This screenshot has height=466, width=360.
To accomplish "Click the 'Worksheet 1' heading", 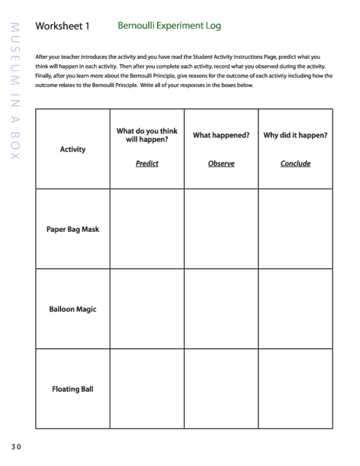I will [x=62, y=26].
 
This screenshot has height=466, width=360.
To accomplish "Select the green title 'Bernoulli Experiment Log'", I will [x=169, y=26].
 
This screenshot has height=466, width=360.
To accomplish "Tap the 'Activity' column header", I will [x=73, y=150].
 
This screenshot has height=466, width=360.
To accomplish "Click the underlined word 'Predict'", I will [x=147, y=163].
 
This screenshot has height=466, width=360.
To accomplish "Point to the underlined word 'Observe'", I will [x=221, y=163].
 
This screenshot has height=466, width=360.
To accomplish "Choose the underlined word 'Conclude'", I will [x=295, y=163].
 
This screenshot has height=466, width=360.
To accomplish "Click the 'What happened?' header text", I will [x=221, y=135].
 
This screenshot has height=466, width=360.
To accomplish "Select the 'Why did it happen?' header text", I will [x=295, y=135].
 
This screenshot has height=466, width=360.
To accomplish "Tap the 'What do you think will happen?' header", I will [x=147, y=135].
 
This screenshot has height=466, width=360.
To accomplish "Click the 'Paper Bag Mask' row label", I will [x=73, y=229].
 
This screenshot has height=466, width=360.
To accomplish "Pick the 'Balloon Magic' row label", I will [x=73, y=309].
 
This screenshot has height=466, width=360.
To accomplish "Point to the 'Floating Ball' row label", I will [x=73, y=389].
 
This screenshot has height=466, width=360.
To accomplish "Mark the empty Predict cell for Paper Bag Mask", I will [x=147, y=229].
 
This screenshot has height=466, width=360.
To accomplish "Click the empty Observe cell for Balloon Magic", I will [x=221, y=309].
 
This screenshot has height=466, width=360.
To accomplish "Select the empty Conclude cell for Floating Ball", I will [x=295, y=389].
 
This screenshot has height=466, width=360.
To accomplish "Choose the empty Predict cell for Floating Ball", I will [x=147, y=389].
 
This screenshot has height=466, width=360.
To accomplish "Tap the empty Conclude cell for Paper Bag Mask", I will [x=295, y=229].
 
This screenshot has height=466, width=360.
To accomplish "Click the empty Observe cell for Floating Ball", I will [x=221, y=389].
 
